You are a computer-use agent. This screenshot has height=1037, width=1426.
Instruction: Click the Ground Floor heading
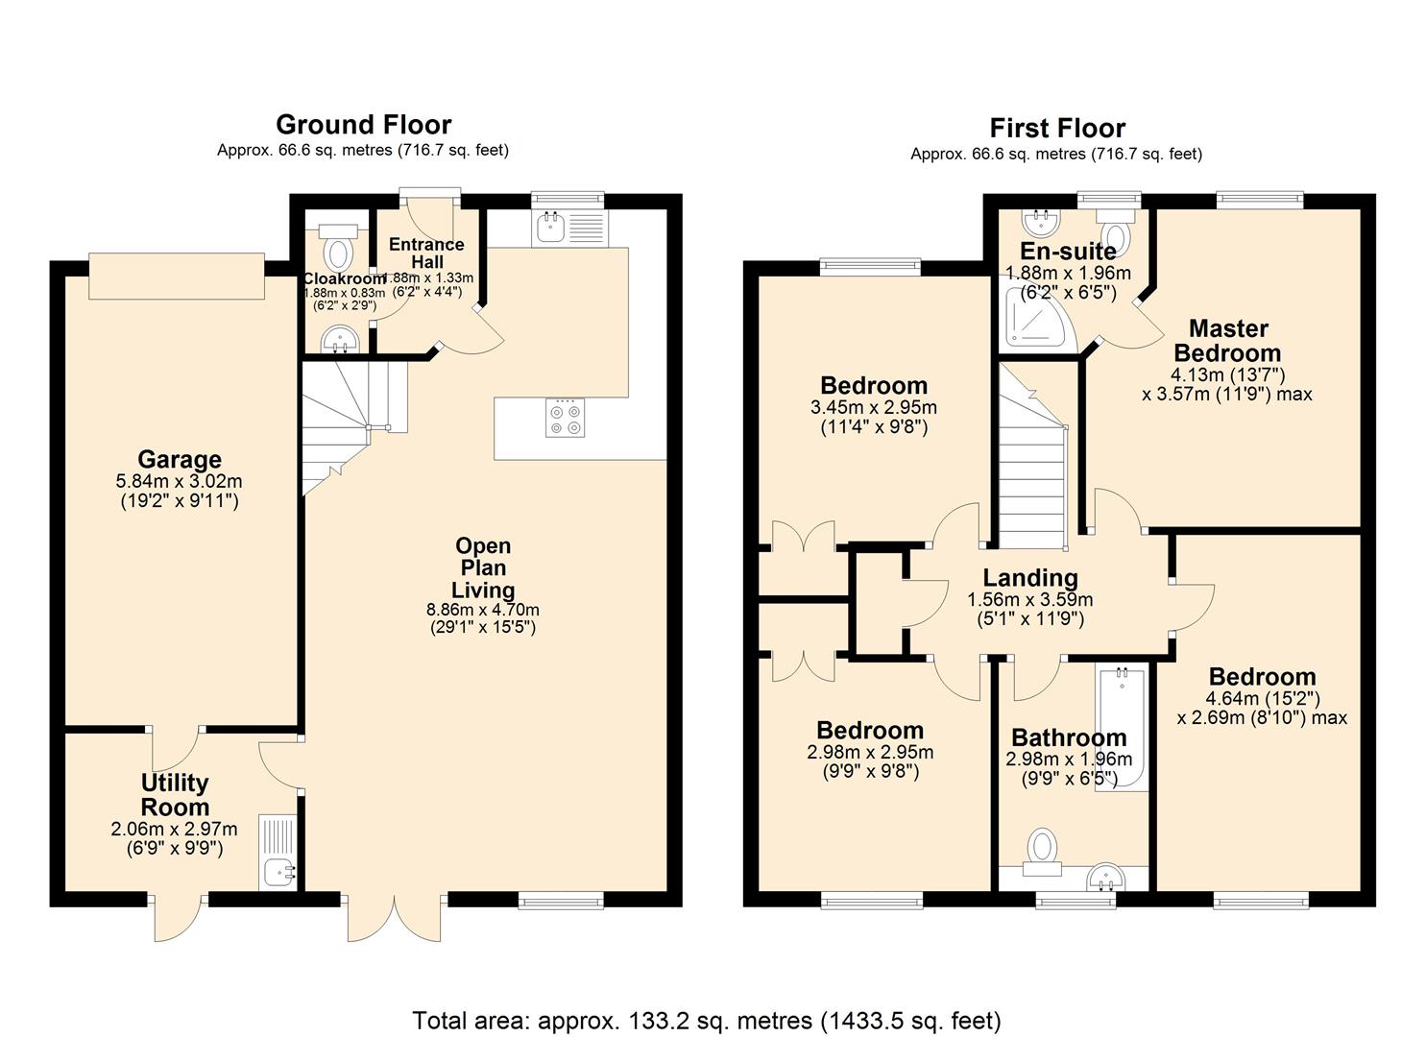[364, 125]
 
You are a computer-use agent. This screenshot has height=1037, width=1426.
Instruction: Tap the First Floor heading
[1057, 129]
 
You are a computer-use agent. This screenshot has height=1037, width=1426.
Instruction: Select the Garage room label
[180, 459]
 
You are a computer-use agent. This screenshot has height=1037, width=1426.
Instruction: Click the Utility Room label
[175, 794]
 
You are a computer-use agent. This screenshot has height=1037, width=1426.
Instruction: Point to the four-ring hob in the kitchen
[565, 418]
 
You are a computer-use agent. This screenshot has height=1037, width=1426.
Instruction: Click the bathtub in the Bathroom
[1122, 728]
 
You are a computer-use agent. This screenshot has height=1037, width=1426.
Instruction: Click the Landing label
[1030, 578]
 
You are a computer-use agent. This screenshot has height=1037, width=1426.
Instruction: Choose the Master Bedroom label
[1228, 341]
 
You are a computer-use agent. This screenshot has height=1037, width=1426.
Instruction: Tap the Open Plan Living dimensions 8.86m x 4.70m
[483, 609]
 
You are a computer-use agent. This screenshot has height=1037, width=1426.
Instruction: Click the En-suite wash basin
[1041, 223]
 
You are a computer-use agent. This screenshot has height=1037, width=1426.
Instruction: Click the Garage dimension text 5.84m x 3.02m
[179, 481]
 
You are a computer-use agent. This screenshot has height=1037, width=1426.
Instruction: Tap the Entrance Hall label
[426, 253]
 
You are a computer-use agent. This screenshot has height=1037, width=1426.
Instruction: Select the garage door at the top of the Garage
[177, 277]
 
